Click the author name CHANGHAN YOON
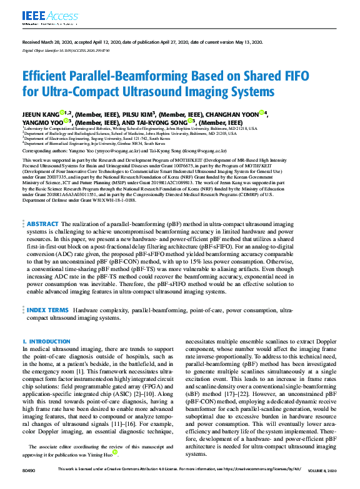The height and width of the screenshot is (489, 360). (241, 114)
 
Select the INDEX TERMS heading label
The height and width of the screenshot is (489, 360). (47, 310)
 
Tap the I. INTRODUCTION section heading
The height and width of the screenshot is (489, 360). (46, 342)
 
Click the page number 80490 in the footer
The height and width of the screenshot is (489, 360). (29, 485)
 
